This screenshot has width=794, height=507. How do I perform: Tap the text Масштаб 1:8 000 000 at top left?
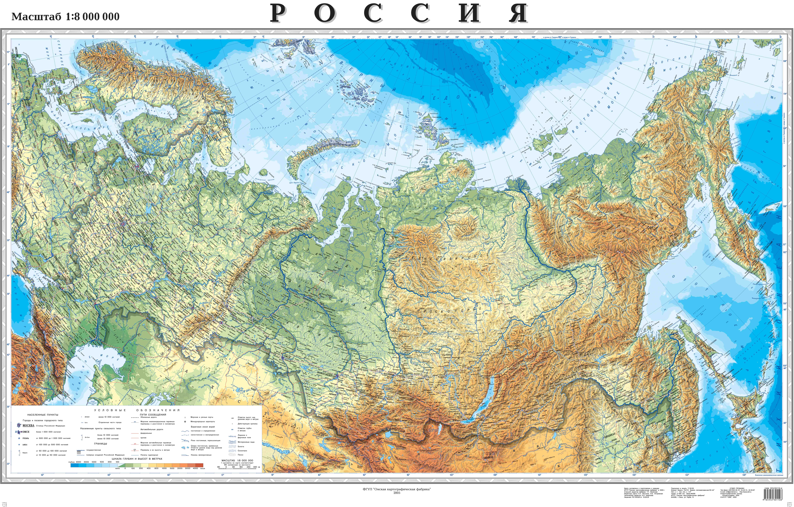pos(65,16)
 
